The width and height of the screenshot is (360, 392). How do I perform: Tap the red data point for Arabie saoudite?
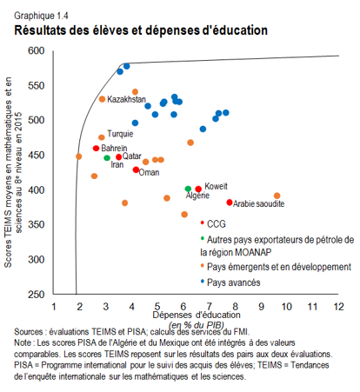[x=230, y=203]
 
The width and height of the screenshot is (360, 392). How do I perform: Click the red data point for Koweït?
[x=198, y=189]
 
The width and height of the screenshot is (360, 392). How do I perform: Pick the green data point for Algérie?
[x=188, y=189]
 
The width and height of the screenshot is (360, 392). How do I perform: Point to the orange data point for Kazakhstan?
[x=102, y=99]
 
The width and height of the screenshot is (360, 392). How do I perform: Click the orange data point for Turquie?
[x=102, y=137]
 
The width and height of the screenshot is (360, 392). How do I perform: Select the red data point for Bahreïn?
[x=97, y=149]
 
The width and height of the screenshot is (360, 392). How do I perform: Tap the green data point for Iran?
[x=107, y=158]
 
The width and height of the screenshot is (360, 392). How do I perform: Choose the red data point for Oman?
[x=136, y=169]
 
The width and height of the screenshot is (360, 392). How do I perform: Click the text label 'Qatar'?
[x=132, y=156]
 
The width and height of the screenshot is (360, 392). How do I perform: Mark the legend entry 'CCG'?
[x=217, y=223]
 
